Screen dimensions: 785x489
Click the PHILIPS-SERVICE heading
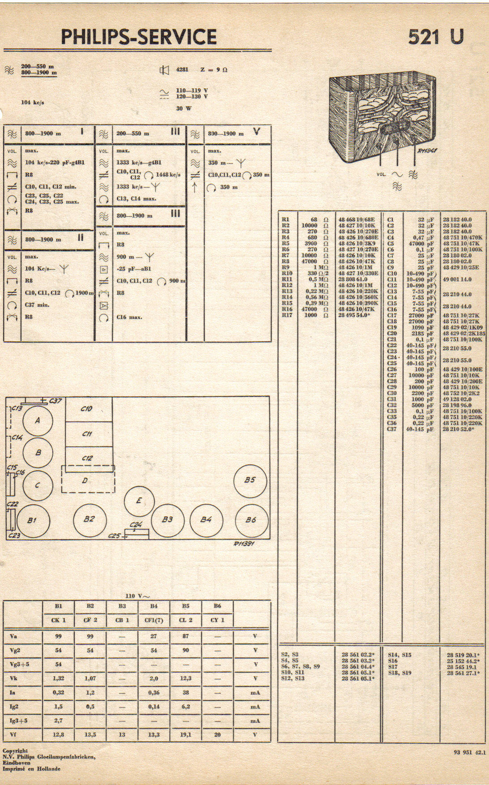138,37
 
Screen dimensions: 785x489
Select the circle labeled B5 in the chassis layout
250,480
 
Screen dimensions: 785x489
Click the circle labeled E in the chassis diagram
139,501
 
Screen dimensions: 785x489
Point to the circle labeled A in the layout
38,420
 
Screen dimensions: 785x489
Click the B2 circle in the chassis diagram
89,519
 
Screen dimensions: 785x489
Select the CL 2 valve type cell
185,620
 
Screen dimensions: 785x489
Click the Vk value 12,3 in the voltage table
185,678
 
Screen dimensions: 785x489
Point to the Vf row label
13,735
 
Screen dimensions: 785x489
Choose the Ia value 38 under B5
185,693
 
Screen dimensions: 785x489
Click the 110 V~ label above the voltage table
137,596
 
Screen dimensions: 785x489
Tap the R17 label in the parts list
287,315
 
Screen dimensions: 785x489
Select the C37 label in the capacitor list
392,429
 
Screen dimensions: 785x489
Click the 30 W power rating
184,108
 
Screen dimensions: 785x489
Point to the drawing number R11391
244,544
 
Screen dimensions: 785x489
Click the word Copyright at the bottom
15,751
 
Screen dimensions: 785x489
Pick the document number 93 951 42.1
469,753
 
